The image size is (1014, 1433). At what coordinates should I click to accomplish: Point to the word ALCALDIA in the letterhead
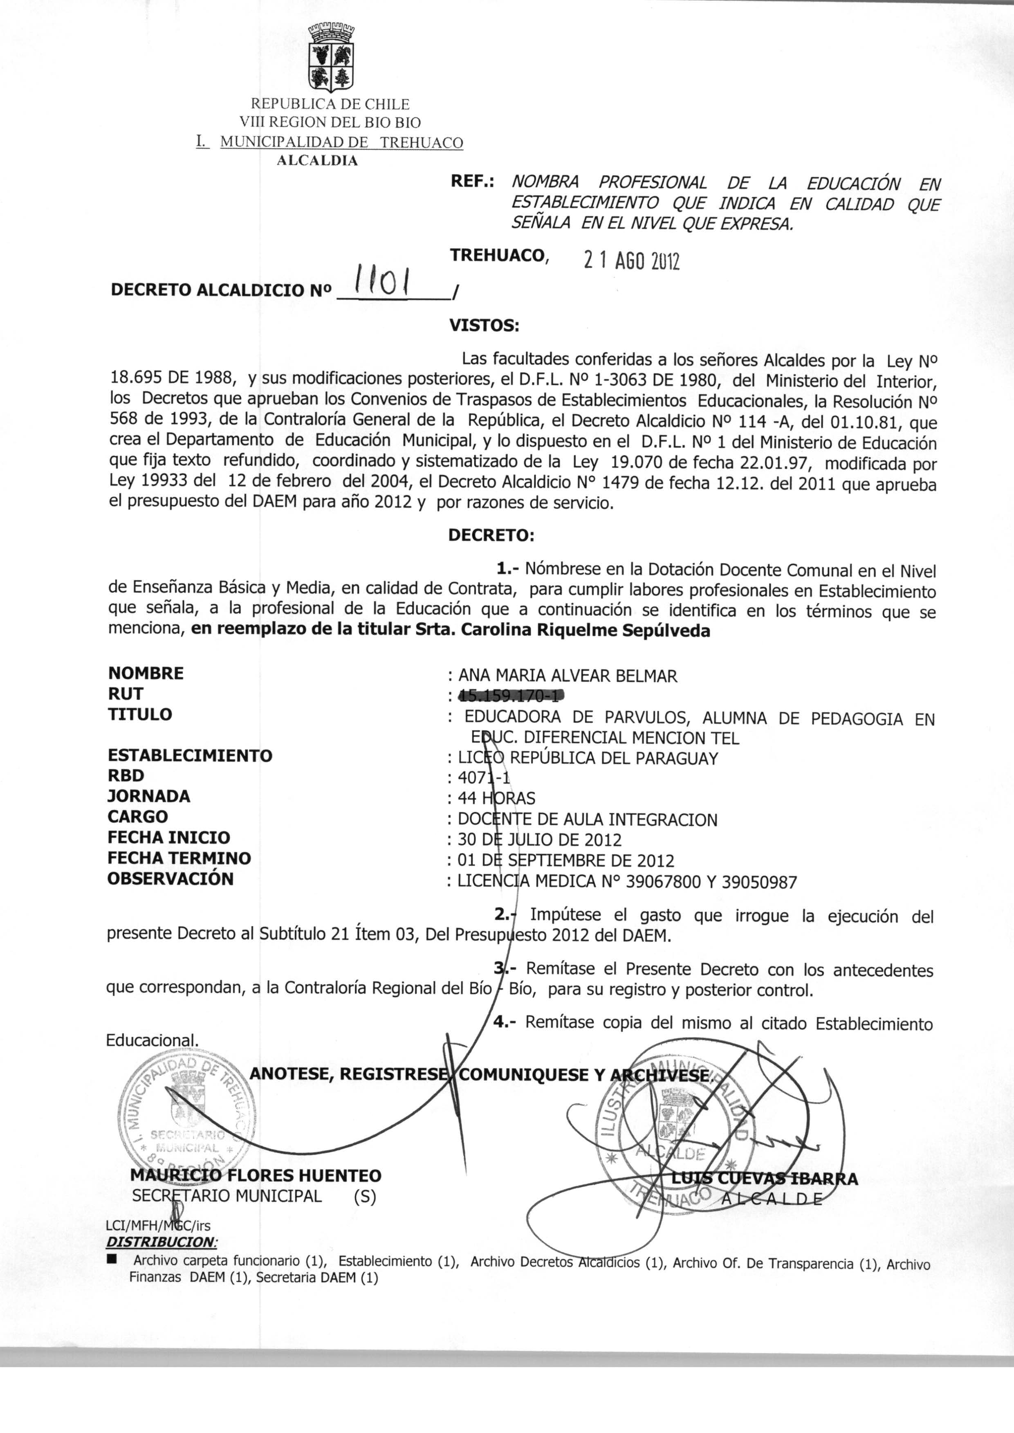coord(318,160)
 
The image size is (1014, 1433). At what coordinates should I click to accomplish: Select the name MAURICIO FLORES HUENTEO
coord(256,1176)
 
